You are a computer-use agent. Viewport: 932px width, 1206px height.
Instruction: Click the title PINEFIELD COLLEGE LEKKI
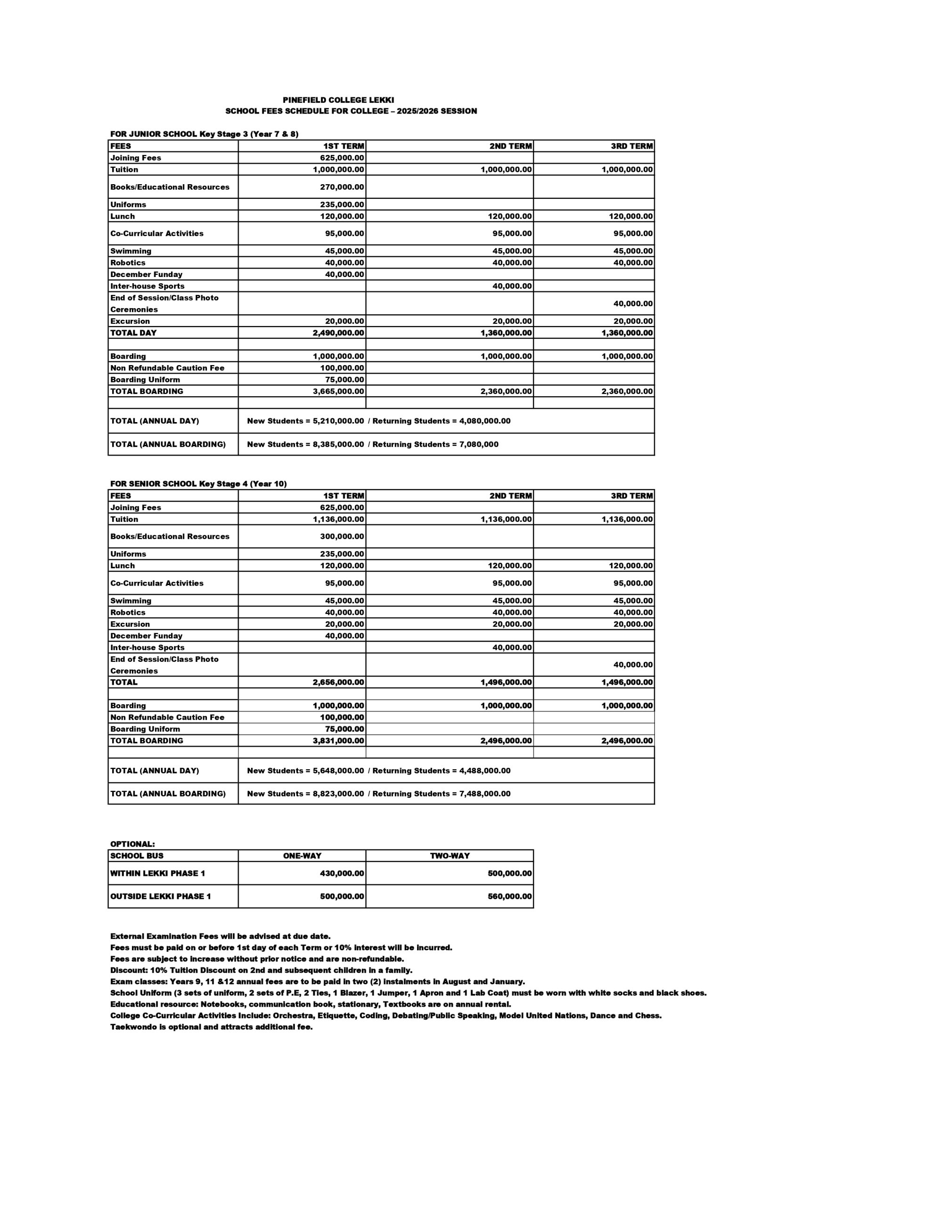[338, 100]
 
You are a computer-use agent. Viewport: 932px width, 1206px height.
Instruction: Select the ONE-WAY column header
[302, 856]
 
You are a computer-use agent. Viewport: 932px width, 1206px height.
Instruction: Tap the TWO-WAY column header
[450, 856]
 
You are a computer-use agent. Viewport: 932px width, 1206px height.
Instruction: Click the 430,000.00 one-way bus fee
[342, 873]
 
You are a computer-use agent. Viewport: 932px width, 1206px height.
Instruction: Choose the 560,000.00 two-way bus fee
[509, 897]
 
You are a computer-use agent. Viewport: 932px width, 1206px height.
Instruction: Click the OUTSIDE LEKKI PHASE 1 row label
[160, 897]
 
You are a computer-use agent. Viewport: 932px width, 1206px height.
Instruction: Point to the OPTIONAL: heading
[132, 844]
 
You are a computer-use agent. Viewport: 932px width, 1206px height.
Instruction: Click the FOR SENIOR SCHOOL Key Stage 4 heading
[198, 484]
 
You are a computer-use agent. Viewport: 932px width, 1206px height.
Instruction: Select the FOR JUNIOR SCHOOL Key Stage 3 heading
[204, 134]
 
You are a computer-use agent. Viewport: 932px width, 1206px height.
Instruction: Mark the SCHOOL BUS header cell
[137, 856]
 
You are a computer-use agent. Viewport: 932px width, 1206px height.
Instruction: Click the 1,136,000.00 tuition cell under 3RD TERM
[627, 520]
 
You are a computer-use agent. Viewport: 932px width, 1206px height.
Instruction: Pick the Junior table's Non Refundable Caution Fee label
[167, 368]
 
